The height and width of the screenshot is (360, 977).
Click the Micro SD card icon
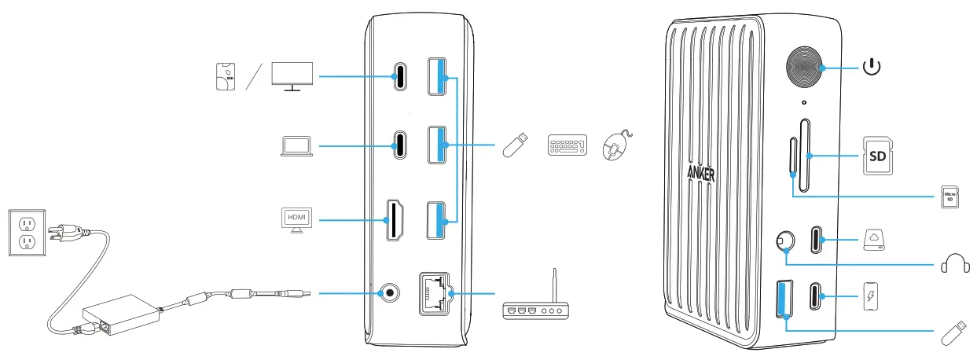pyautogui.click(x=949, y=196)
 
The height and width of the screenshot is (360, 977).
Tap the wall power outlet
pyautogui.click(x=24, y=231)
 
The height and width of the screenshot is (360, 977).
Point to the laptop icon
pyautogui.click(x=296, y=146)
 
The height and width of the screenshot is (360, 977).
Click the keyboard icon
pyautogui.click(x=566, y=146)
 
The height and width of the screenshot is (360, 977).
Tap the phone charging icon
pyautogui.click(x=870, y=297)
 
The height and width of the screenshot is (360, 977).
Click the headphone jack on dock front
pyautogui.click(x=784, y=241)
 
